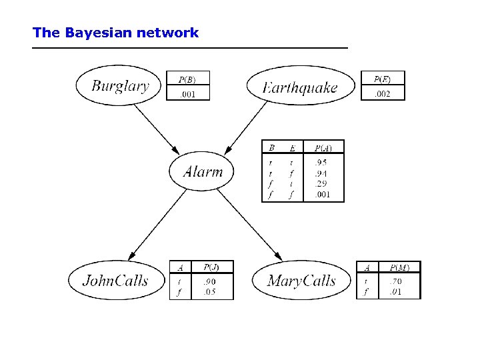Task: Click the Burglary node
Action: [120, 85]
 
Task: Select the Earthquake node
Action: [300, 87]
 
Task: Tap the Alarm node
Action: [203, 171]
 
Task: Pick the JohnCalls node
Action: [115, 280]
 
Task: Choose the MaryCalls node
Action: [301, 281]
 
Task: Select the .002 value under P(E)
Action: [382, 93]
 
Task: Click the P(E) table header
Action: [382, 79]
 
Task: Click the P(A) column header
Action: [323, 147]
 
